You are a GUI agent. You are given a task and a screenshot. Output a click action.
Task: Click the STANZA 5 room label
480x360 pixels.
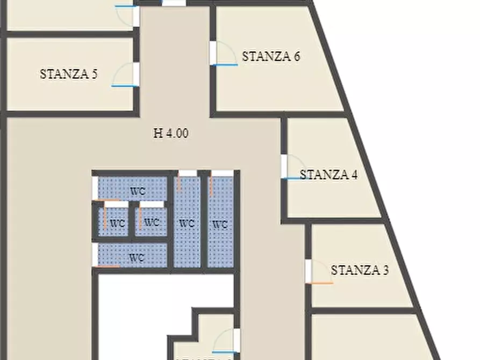coord(68,74)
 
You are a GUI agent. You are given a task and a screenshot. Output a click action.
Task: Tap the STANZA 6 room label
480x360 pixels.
coord(270,56)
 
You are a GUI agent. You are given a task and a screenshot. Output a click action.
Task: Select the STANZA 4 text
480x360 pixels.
coord(328,175)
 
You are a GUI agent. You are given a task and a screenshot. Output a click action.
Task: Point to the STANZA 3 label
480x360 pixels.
coord(360,270)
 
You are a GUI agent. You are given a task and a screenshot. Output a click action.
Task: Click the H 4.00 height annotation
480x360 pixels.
coord(171,134)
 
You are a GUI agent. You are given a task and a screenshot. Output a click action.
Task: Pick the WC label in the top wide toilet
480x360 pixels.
coord(138,191)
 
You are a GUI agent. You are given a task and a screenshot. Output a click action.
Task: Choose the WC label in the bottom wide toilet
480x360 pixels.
coord(137,258)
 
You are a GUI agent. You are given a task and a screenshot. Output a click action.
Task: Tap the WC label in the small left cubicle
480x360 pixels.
coord(118,222)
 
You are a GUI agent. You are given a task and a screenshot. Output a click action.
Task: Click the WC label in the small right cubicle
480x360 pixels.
coord(152,222)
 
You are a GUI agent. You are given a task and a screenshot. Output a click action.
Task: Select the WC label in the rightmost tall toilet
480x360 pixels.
coord(220,225)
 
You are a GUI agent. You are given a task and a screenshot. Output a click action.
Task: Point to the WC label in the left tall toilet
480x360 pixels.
coord(186,222)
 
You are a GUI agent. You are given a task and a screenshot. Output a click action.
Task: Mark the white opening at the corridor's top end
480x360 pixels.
coord(174,3)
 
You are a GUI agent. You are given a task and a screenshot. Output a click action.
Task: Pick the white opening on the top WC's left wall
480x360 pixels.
coord(95,188)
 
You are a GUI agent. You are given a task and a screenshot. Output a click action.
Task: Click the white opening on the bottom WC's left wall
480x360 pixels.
coord(95,255)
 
